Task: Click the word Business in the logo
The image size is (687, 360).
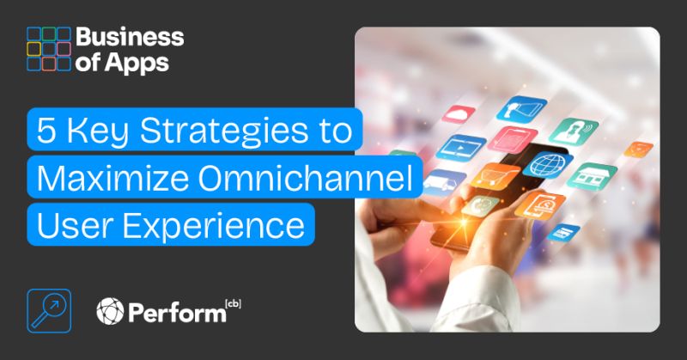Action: click(130, 37)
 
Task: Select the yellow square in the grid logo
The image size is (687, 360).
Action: click(33, 49)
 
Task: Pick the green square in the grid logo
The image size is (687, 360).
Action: click(48, 34)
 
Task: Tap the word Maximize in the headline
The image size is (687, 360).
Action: click(97, 180)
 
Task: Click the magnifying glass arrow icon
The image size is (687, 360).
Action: click(43, 309)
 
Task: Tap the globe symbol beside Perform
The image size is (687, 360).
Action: click(111, 310)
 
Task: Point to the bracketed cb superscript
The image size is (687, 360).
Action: click(231, 302)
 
